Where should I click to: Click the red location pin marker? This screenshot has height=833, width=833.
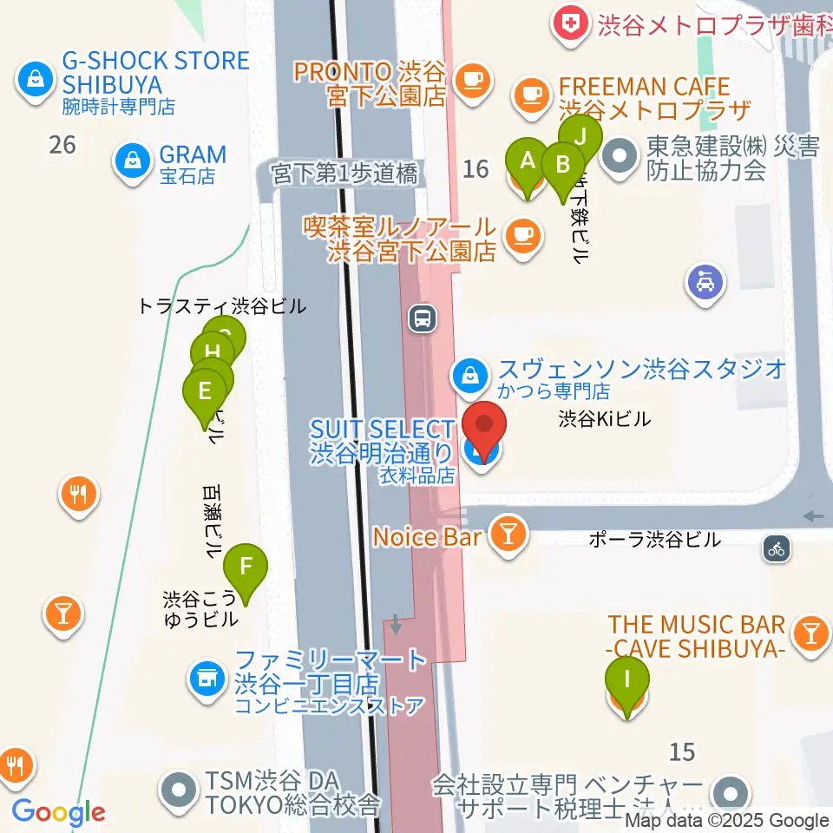484,427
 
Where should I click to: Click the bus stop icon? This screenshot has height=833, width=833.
423,318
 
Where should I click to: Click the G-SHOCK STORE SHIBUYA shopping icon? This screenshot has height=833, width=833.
34,82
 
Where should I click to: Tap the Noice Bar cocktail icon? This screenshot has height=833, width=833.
505,535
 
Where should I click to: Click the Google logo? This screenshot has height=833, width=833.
58,811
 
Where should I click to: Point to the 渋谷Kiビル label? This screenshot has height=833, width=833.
604,419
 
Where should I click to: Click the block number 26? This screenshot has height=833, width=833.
62,144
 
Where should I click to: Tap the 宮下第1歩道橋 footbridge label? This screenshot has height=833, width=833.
344,174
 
